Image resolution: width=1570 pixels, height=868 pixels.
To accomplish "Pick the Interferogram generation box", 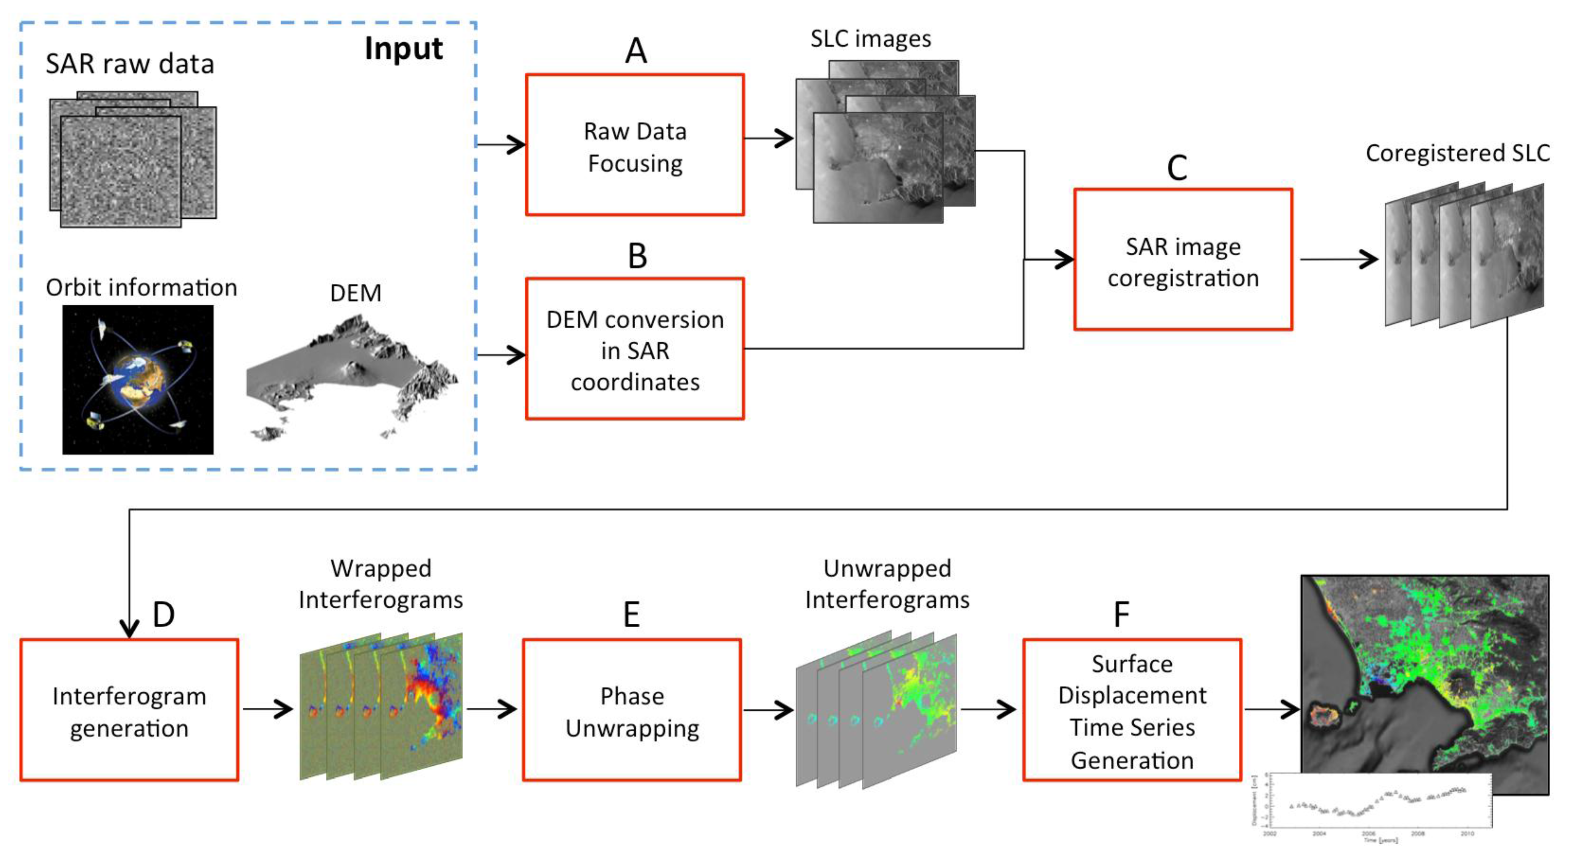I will click(x=129, y=710).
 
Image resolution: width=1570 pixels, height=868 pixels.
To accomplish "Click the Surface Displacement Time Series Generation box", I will click(x=1132, y=710).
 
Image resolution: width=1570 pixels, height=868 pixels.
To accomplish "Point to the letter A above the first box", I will click(x=636, y=51).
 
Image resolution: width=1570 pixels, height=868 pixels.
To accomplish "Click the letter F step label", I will click(x=1121, y=615).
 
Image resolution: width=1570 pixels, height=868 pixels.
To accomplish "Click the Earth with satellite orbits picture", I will click(x=138, y=380).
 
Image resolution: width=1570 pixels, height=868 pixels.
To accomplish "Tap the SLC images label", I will click(x=870, y=39).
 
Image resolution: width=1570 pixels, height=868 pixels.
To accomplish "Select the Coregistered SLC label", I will click(x=1457, y=153).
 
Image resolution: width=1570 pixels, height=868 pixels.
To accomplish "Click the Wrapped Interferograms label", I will click(x=380, y=584).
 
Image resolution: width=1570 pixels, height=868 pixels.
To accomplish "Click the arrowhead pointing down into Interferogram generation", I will click(x=129, y=628).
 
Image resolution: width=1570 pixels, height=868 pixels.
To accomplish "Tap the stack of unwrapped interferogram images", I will click(x=876, y=710).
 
